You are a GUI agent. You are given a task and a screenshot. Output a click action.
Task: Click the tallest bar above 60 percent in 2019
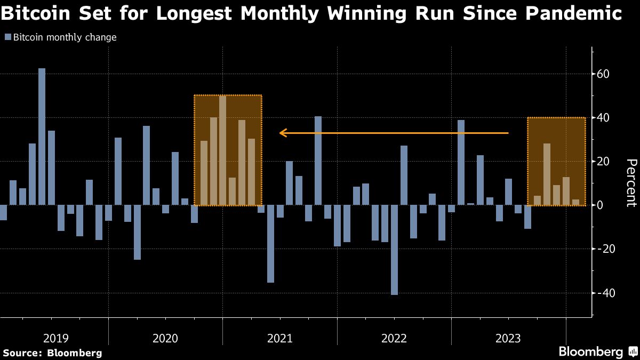coord(42,137)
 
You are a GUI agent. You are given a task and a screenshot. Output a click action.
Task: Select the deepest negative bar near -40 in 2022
coord(394,250)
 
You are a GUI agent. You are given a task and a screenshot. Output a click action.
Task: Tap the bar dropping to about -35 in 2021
coord(270,244)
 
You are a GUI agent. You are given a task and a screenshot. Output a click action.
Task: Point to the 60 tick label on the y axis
coord(603,74)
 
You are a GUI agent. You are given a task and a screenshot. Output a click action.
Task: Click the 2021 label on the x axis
coord(279,338)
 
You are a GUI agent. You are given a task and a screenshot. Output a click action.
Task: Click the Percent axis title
coord(631,182)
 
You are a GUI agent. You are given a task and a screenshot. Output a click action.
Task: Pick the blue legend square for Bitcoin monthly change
coord(7,37)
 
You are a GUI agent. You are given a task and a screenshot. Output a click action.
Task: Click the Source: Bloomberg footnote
coord(52,353)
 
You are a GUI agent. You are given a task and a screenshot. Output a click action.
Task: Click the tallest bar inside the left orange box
coord(222,150)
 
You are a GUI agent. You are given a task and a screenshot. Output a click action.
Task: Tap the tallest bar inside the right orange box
coord(547,174)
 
